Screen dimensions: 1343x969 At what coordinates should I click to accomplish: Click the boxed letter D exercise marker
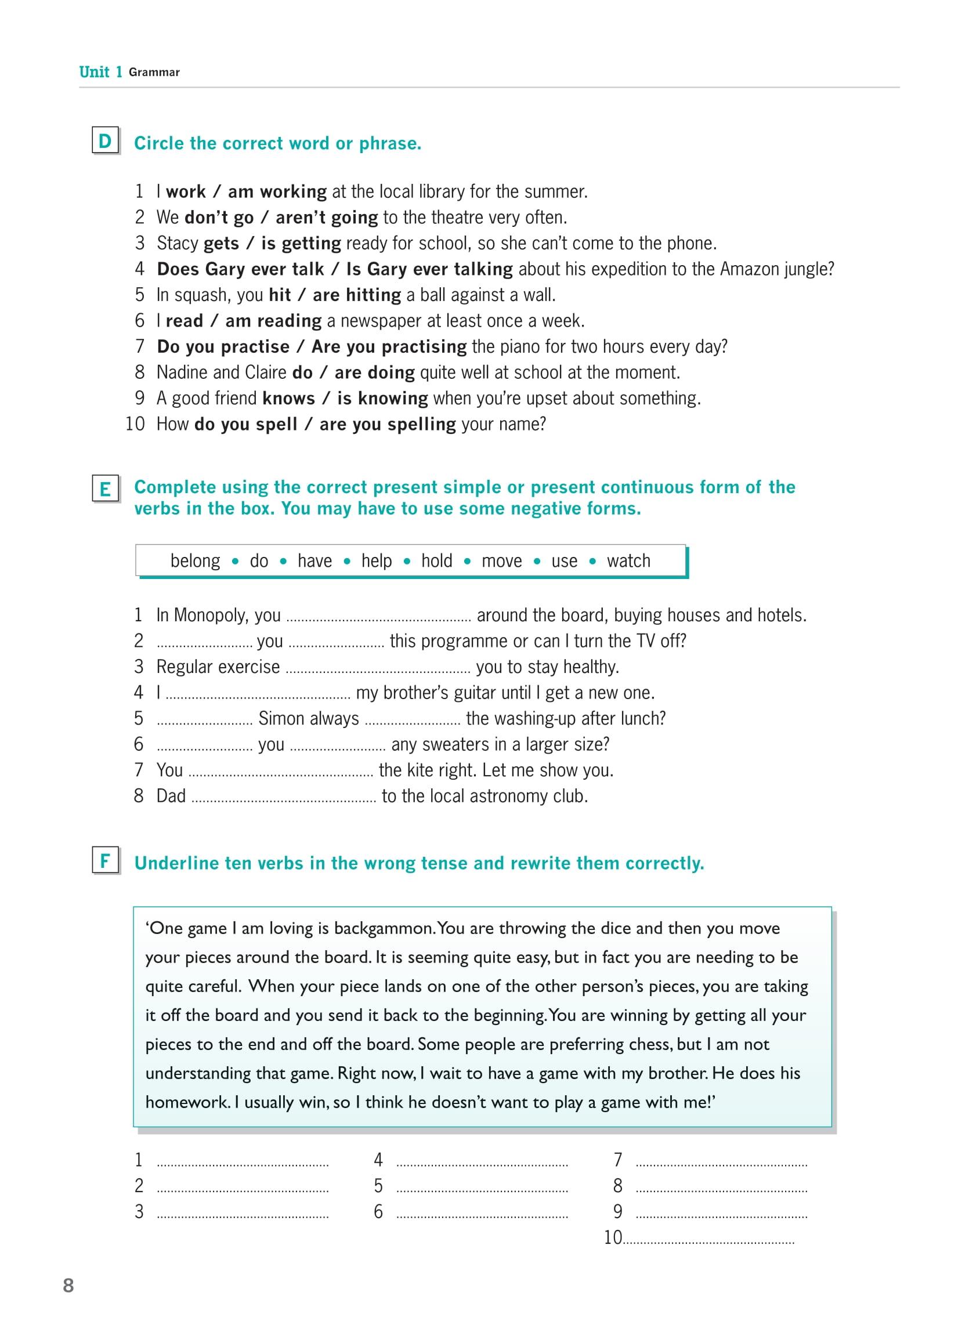click(x=105, y=141)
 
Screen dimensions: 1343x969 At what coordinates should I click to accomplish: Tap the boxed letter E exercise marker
click(x=105, y=489)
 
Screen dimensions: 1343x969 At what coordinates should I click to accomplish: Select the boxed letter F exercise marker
click(x=105, y=860)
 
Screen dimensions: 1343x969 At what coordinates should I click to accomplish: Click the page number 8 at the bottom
click(x=68, y=1286)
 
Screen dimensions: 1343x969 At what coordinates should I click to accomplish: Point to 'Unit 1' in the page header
click(x=101, y=73)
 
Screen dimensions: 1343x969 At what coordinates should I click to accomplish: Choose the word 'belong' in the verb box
click(x=195, y=561)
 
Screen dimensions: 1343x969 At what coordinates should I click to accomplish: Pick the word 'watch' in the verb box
click(x=628, y=561)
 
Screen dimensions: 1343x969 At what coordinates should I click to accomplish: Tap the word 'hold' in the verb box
click(x=436, y=561)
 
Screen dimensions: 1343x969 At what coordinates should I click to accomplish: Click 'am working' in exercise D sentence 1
click(x=277, y=192)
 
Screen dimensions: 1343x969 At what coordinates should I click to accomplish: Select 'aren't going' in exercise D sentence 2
click(x=326, y=218)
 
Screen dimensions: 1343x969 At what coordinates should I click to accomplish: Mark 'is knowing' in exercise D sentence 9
click(x=382, y=399)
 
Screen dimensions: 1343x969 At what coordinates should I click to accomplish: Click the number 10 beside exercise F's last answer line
click(x=613, y=1237)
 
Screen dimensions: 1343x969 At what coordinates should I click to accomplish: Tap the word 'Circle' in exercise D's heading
click(x=159, y=143)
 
